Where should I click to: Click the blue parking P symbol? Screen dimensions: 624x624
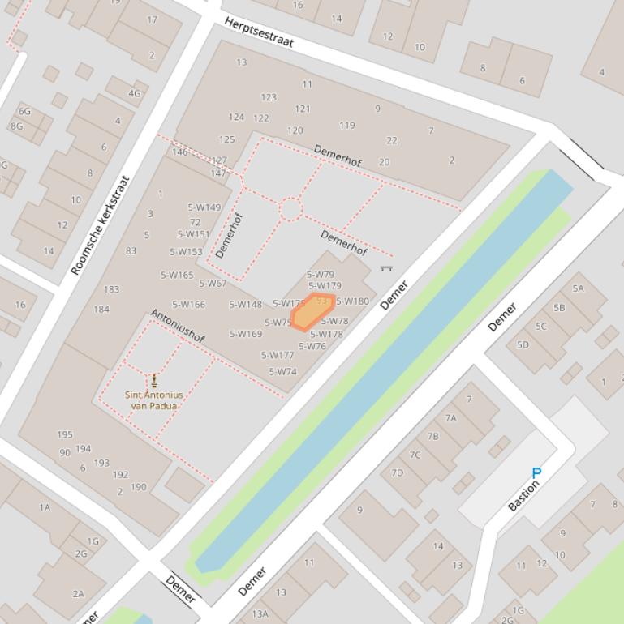(536, 472)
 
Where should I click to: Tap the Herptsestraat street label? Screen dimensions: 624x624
(259, 32)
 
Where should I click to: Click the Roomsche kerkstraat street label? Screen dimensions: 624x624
(101, 225)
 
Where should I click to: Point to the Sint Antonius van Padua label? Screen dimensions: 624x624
(153, 400)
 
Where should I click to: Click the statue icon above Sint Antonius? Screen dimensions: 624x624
(153, 379)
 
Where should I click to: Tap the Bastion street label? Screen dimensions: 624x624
(523, 496)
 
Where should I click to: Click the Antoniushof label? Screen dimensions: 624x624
(178, 326)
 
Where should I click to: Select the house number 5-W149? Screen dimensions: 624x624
(204, 207)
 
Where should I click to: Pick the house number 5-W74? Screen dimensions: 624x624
(282, 372)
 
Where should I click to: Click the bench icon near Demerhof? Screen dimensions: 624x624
(386, 267)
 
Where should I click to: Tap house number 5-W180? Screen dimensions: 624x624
(351, 301)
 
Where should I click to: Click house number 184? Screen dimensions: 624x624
(101, 309)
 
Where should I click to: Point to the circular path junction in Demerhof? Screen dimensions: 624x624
(290, 210)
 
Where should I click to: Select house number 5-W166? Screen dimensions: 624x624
(188, 305)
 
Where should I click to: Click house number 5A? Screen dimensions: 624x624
(578, 288)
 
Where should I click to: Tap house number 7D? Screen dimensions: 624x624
(397, 472)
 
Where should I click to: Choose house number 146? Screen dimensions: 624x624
(179, 152)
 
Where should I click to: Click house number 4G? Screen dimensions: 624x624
(134, 93)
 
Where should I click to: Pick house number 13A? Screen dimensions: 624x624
(260, 613)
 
